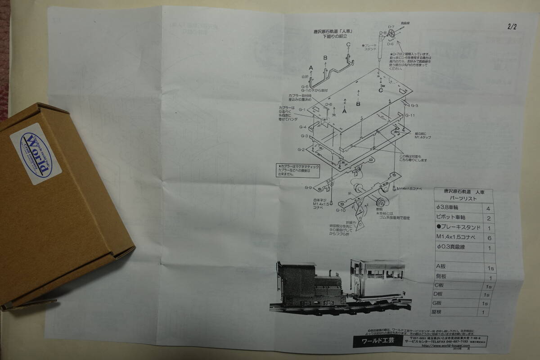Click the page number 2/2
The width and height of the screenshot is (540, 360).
coord(511,27)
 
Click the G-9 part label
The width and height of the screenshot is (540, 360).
coord(308,187)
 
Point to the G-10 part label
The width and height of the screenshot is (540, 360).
coord(340,210)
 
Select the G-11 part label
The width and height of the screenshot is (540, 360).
coord(409,116)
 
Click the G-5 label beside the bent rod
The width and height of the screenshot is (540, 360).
coord(305,87)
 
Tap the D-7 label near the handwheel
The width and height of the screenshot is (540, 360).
coord(391,27)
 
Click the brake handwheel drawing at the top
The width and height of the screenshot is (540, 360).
coord(393,35)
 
